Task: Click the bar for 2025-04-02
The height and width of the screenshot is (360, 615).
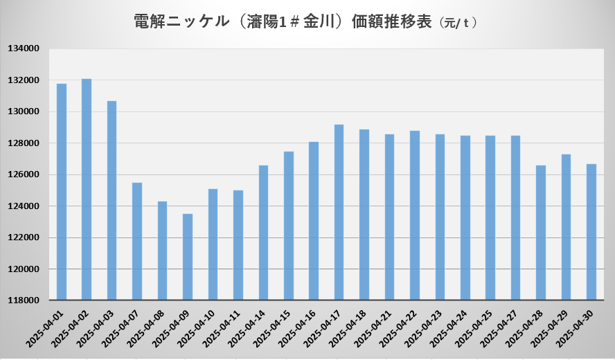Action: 87,190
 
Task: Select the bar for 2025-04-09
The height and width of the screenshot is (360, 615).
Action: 188,257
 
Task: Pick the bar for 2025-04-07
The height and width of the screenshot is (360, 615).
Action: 137,242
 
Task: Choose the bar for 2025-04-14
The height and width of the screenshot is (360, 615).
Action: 263,233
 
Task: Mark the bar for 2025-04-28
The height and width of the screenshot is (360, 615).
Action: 541,233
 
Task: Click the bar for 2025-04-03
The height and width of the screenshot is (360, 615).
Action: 112,201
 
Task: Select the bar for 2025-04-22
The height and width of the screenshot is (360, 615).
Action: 415,215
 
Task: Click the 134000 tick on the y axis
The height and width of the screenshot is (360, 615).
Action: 25,49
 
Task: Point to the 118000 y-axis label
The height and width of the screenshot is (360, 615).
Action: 25,300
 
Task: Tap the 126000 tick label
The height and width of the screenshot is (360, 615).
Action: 25,174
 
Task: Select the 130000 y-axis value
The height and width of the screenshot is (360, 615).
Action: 25,111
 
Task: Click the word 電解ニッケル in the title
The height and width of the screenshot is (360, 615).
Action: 181,21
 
